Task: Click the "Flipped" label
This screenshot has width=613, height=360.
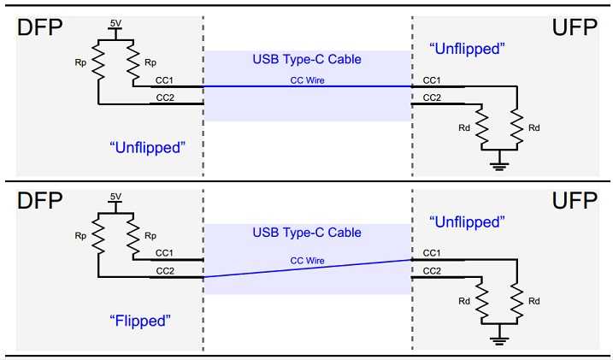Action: (x=140, y=321)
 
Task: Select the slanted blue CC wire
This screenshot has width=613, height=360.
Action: (x=307, y=269)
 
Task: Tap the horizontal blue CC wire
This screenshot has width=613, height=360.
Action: (x=307, y=86)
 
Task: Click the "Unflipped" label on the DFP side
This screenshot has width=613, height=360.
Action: (x=147, y=148)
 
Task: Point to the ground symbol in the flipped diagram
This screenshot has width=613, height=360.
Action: (x=499, y=337)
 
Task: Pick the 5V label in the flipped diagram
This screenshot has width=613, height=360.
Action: (x=115, y=197)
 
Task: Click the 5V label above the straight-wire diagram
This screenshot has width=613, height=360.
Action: (x=115, y=23)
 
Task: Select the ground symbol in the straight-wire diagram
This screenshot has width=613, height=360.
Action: (x=499, y=163)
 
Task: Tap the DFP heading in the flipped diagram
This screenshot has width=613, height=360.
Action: (x=39, y=200)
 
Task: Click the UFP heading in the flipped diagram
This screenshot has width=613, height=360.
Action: (x=575, y=200)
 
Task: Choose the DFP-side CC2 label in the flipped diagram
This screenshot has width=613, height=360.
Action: (x=165, y=271)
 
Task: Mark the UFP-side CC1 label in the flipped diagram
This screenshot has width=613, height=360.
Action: (x=432, y=253)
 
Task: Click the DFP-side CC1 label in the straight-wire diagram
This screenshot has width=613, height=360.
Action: (x=164, y=80)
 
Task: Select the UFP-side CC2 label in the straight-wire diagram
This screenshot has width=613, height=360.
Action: (x=432, y=97)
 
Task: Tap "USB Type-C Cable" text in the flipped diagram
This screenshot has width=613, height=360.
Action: (x=307, y=233)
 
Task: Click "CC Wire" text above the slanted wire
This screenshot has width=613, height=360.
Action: (x=307, y=261)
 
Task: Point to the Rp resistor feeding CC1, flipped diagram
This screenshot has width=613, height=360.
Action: (x=133, y=236)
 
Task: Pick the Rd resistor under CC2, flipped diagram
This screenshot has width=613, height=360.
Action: (x=481, y=301)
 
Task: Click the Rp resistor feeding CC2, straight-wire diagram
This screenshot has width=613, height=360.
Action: (x=98, y=62)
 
